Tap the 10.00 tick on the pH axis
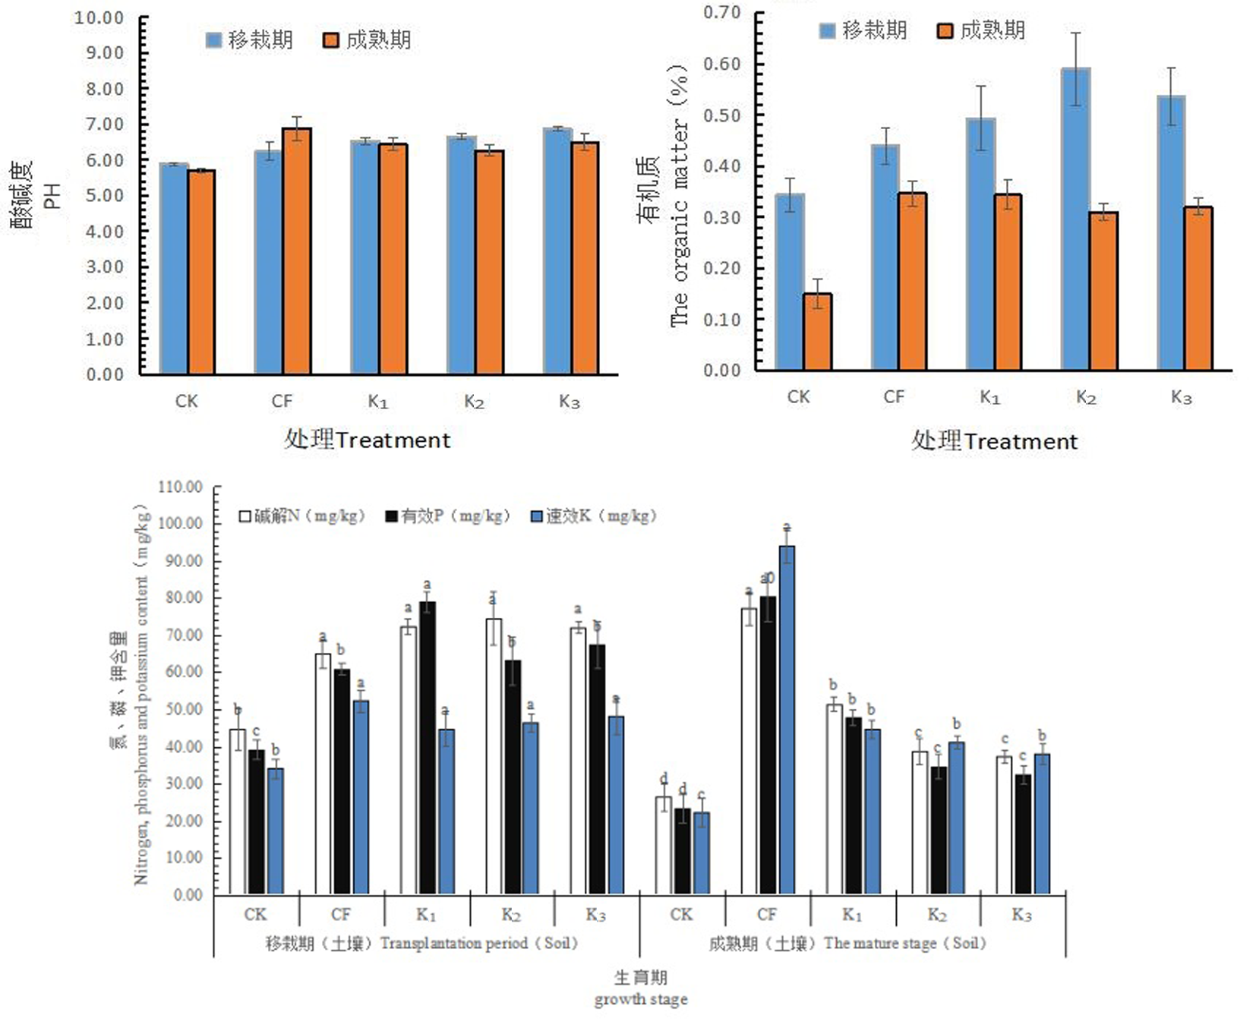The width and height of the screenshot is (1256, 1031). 99,17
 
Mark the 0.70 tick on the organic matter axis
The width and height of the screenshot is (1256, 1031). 721,12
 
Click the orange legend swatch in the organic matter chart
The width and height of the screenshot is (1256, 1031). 945,31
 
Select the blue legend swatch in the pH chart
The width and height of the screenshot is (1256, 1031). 214,40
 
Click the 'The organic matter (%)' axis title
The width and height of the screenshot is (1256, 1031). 678,196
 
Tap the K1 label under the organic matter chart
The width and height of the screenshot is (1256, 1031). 990,397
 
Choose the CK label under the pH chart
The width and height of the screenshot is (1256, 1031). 186,401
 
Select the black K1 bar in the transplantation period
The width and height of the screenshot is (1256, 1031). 428,747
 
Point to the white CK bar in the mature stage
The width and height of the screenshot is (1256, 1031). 664,844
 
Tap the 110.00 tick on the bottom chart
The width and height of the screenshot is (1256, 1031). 180,487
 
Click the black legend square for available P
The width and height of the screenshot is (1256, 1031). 392,517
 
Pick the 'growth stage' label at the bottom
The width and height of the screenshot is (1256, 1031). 640,999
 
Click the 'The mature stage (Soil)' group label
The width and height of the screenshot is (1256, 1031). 847,943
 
